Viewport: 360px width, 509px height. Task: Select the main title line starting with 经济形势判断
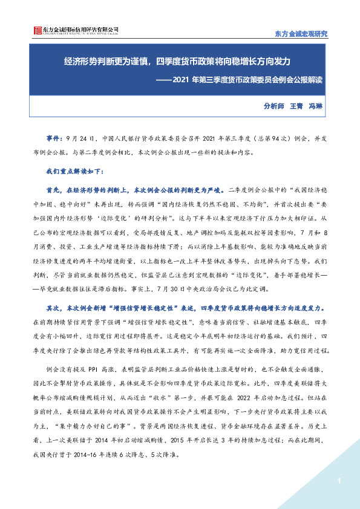(178, 62)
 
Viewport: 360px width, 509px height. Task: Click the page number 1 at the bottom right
(340, 481)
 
